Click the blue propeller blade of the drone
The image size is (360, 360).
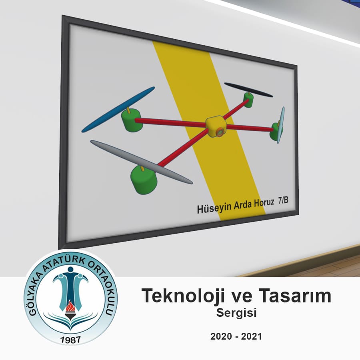(x=118, y=109)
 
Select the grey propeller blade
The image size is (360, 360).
(x=142, y=162)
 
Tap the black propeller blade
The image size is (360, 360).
(x=248, y=90)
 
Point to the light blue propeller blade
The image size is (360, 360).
(x=281, y=125)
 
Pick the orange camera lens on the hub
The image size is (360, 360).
(x=220, y=132)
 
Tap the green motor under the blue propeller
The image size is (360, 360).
(x=131, y=120)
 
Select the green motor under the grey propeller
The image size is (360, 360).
(x=144, y=180)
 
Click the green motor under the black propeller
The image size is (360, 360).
(x=248, y=100)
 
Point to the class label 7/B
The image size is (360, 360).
(x=283, y=201)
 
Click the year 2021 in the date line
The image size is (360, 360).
(x=252, y=336)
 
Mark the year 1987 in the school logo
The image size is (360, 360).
(x=70, y=340)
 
